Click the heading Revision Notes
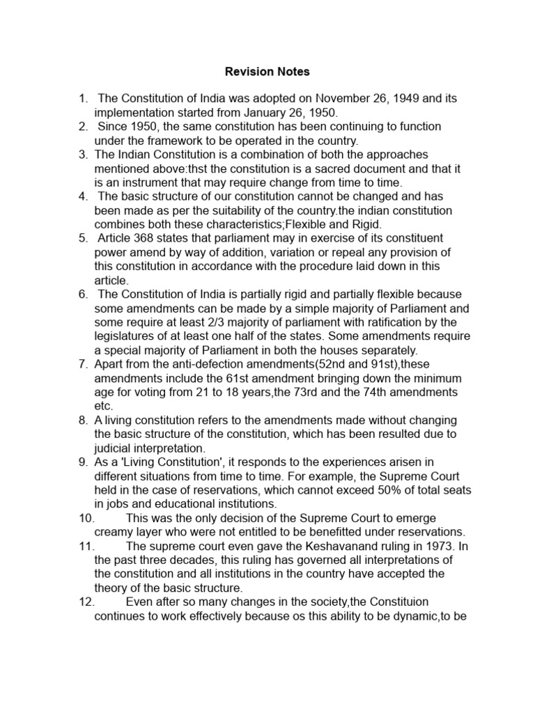[x=267, y=72]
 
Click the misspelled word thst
[x=208, y=167]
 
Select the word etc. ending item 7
[x=103, y=406]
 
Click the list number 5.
[x=83, y=239]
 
